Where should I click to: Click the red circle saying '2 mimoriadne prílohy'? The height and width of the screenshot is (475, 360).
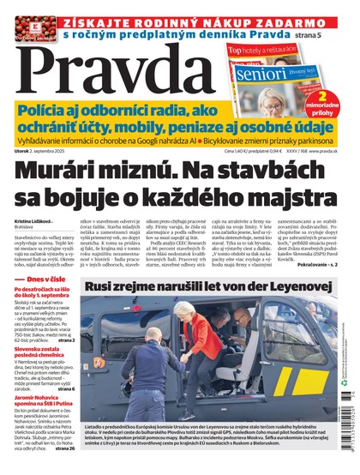pyautogui.click(x=339, y=107)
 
